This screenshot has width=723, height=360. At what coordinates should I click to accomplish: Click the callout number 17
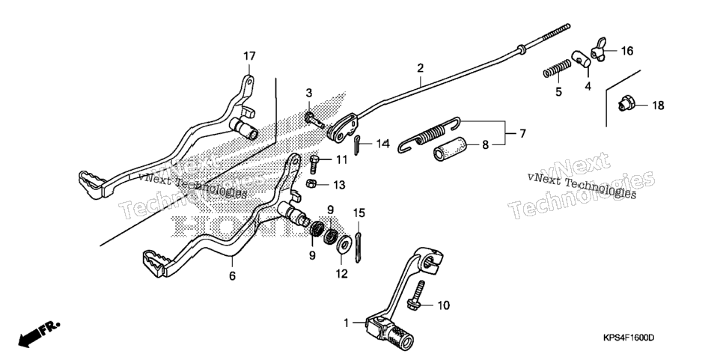pos(249,56)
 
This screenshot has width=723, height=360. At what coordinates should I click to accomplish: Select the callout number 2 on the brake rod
pos(420,68)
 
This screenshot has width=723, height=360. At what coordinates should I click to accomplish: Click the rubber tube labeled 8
pos(450,150)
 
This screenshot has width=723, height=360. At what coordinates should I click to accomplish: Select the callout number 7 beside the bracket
pos(522,134)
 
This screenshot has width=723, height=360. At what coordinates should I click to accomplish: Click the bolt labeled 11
pos(315,165)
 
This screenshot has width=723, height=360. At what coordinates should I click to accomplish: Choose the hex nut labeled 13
pos(311,183)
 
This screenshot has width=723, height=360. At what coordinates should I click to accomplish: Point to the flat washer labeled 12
pos(344,243)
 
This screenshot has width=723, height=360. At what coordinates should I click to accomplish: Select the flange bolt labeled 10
pos(416,296)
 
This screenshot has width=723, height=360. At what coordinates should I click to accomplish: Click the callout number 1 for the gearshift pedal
pos(347,323)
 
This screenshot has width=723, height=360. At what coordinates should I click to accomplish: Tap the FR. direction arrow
pos(39,335)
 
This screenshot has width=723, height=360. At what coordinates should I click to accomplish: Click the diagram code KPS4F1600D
pos(628,338)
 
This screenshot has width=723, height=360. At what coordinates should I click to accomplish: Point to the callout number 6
pos(232,275)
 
